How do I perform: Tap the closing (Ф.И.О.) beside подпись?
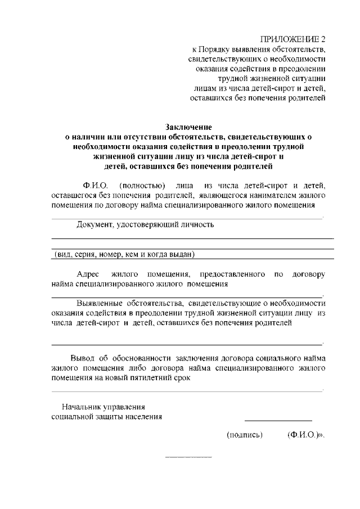[304, 435]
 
